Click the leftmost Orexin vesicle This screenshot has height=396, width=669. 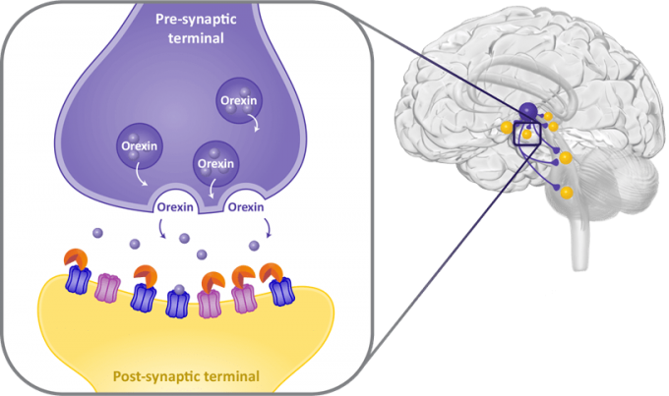[x=139, y=146]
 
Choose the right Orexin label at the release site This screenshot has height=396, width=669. [x=246, y=207]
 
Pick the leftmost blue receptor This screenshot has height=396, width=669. [x=78, y=286]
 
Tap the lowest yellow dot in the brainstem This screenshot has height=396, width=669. [x=568, y=194]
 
